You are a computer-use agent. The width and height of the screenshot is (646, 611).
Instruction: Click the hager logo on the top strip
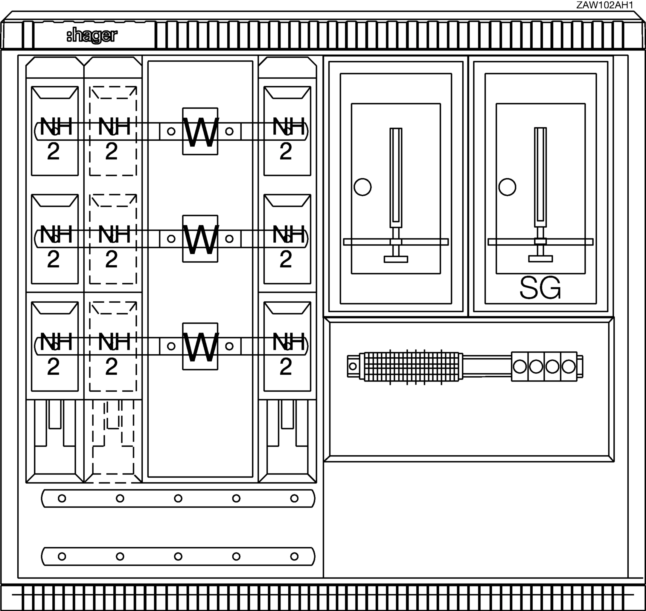[x=92, y=36]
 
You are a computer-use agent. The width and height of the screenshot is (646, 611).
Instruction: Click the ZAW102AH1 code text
[x=605, y=5]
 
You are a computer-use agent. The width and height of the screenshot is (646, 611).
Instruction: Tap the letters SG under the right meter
[x=540, y=288]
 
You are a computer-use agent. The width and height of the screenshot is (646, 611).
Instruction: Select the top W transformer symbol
[x=200, y=131]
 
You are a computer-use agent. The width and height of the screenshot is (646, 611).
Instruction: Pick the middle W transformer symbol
[x=200, y=239]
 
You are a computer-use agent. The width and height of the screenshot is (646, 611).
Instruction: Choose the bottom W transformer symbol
[x=200, y=346]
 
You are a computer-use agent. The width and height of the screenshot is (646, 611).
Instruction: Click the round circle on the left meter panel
[x=362, y=187]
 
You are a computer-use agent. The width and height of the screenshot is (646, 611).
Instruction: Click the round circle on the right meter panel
[x=507, y=187]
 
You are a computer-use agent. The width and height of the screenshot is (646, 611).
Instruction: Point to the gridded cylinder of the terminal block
[x=411, y=366]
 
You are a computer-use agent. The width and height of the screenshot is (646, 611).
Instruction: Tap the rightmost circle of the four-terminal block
[x=569, y=366]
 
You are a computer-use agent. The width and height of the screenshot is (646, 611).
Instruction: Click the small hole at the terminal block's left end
[x=353, y=366]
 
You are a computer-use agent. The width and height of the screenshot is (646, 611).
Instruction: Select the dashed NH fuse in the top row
[x=113, y=131]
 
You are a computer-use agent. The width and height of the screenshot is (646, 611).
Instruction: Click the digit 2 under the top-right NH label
[x=286, y=151]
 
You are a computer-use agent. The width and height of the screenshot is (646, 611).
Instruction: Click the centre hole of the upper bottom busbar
[x=178, y=498]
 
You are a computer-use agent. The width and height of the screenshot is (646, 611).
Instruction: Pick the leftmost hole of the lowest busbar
[x=62, y=556]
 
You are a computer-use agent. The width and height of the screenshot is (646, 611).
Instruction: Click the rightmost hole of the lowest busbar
[x=294, y=556]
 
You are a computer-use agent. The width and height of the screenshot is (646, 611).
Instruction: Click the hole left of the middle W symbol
[x=171, y=239]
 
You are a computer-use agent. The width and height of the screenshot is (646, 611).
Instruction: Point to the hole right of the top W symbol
[x=229, y=131]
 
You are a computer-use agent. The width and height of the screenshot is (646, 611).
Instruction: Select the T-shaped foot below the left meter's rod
[x=396, y=259]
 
